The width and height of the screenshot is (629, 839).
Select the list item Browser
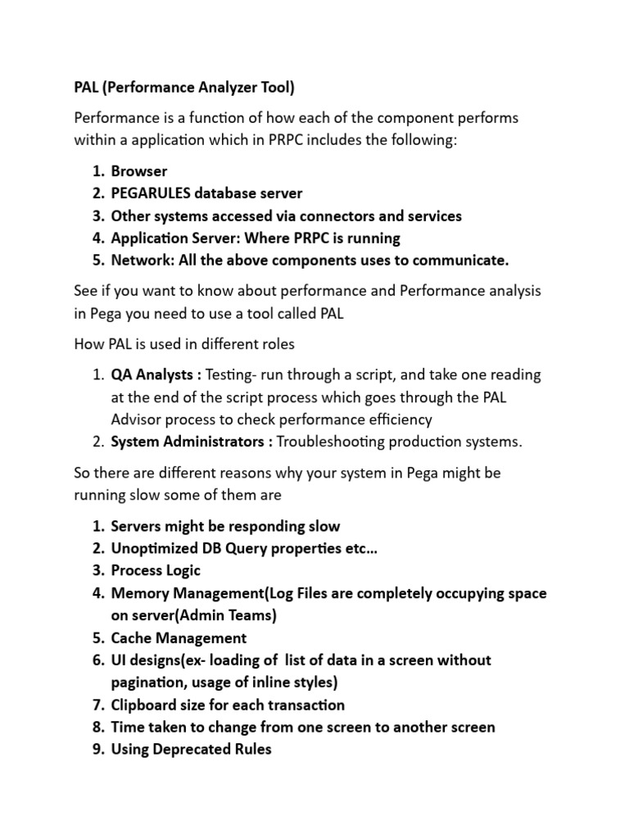[x=139, y=171]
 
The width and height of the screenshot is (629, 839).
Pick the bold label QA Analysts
[x=153, y=374]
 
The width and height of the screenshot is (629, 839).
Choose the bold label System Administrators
[x=191, y=442]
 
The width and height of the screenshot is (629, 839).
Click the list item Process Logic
[x=156, y=570]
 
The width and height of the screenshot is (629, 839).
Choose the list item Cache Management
[x=179, y=637]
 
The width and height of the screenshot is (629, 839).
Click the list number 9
[x=97, y=749]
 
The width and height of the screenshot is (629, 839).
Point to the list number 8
[x=97, y=727]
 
